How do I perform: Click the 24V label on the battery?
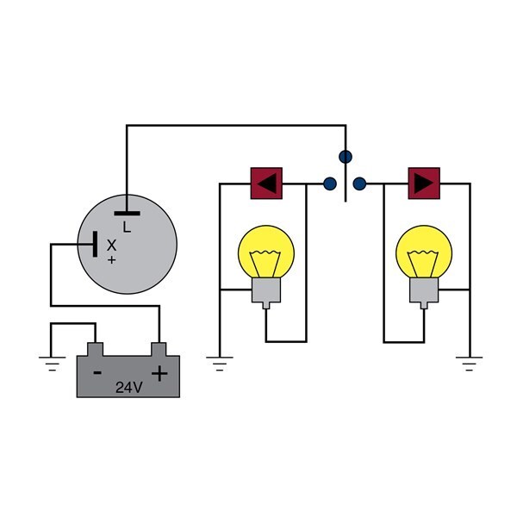[x=128, y=388]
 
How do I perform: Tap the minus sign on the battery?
[x=97, y=373]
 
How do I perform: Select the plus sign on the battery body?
[x=159, y=373]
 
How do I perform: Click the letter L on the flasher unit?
[x=127, y=227]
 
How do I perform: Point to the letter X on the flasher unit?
[x=111, y=245]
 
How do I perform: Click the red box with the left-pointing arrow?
[x=267, y=184]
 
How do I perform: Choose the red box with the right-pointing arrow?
[x=423, y=184]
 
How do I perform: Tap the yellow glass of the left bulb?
[x=266, y=252]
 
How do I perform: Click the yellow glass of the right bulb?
[x=424, y=252]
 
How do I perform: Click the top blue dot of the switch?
[x=346, y=157]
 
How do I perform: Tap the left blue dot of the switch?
[x=329, y=184]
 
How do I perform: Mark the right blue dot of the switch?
[x=360, y=184]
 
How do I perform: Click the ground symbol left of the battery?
[x=52, y=363]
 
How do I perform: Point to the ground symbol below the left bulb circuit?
[x=220, y=363]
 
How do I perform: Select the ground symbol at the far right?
[x=470, y=363]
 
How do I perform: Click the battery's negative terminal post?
[x=96, y=349]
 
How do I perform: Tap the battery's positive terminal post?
[x=159, y=349]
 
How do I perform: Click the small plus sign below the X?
[x=112, y=258]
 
